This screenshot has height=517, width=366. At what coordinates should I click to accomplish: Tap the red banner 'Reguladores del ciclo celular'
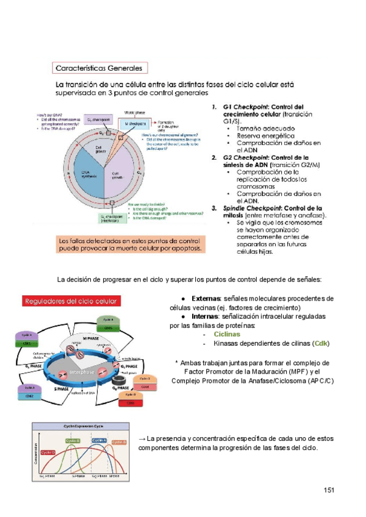coord(71,301)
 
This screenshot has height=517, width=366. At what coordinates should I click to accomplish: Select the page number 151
coord(329,490)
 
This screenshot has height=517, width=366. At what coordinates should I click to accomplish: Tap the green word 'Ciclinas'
coord(227,334)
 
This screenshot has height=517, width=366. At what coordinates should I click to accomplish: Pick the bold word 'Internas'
coord(206,316)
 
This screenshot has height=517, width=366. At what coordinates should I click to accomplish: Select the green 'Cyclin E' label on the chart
coord(73,441)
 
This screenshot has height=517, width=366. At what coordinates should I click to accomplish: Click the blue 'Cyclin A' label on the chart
coord(99,440)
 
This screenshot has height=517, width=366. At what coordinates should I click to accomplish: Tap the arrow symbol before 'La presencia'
coord(142,438)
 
